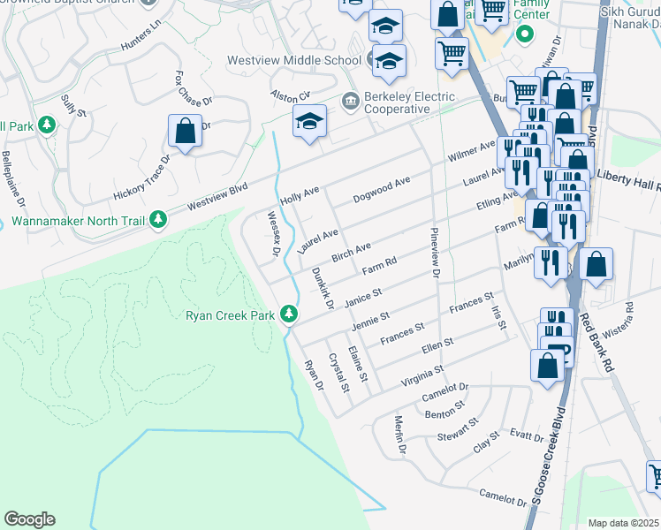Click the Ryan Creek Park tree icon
pos(288,314)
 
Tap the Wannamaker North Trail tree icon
pos(158,218)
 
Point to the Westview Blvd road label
pos(217,197)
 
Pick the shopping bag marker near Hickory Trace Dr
pos(185,132)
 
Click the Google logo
pos(29,519)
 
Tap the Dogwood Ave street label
pos(382,189)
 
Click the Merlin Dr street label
pos(399,435)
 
